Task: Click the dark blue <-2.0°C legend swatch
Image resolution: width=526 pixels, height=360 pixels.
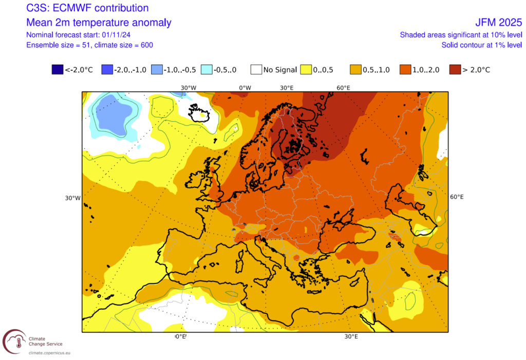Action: tap(57, 69)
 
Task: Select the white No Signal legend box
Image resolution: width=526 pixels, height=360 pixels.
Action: tap(256, 69)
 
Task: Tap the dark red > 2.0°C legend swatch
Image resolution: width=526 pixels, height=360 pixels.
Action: tap(455, 69)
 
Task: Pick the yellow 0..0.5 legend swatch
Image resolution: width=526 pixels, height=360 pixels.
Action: tap(306, 69)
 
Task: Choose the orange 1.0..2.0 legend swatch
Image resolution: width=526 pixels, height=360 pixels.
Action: tap(405, 69)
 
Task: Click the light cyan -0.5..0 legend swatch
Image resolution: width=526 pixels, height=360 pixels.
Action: tap(206, 69)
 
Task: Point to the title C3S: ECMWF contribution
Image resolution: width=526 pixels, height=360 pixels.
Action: tap(87, 8)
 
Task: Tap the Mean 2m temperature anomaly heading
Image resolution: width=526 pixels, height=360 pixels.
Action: tap(99, 23)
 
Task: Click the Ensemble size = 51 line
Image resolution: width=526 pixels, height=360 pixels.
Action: tap(89, 45)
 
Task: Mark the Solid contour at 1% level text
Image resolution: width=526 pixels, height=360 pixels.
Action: tap(482, 45)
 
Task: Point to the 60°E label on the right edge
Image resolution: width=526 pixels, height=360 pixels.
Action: tap(457, 197)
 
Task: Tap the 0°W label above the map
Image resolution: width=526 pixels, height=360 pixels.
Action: tap(245, 87)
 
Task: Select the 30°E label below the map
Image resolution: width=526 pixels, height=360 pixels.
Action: tap(351, 337)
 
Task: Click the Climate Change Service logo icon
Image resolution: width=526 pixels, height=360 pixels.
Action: tap(14, 341)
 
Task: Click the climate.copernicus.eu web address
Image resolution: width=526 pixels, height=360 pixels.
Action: tap(49, 353)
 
